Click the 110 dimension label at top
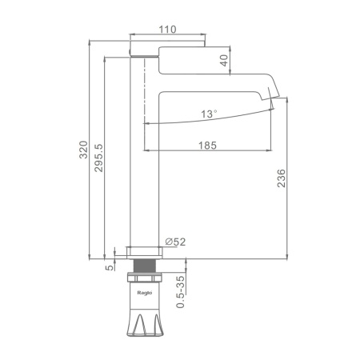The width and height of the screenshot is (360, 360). (167, 30)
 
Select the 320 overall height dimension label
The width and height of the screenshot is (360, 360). (83, 150)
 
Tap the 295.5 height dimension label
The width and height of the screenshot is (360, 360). (98, 158)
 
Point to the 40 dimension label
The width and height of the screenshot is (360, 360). (224, 60)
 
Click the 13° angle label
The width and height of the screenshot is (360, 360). (209, 114)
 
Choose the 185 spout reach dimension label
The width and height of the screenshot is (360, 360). (207, 146)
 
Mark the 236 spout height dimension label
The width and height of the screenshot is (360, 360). (282, 178)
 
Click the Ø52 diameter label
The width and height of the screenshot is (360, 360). (175, 242)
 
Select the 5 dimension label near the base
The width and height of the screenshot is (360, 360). (110, 268)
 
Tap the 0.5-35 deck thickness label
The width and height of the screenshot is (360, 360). (181, 292)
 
